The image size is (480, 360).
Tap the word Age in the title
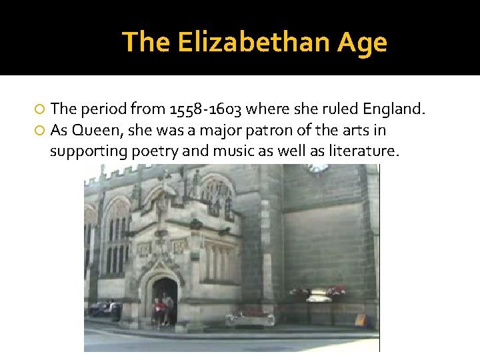tap(362, 43)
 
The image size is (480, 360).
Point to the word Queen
tap(92, 129)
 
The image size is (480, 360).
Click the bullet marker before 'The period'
tap(40, 109)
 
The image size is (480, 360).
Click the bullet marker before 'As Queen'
tap(40, 130)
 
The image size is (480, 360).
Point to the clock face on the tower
tap(318, 167)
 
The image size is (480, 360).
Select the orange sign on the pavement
tap(360, 320)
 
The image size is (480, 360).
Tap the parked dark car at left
tap(105, 309)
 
